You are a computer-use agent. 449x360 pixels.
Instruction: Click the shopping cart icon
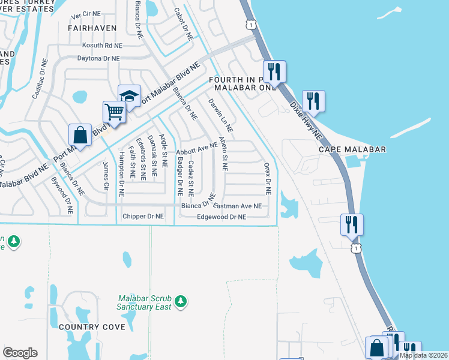[114, 111]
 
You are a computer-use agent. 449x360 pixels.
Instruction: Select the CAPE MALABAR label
[352, 149]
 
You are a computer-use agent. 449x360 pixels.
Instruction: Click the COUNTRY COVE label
[92, 327]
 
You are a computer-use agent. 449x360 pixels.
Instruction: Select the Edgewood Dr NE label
[221, 217]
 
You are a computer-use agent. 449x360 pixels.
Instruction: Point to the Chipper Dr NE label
[143, 216]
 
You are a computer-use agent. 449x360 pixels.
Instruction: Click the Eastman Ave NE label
[238, 206]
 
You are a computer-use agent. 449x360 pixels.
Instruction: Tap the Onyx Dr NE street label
[268, 178]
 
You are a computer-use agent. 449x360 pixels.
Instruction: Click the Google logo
[20, 353]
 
